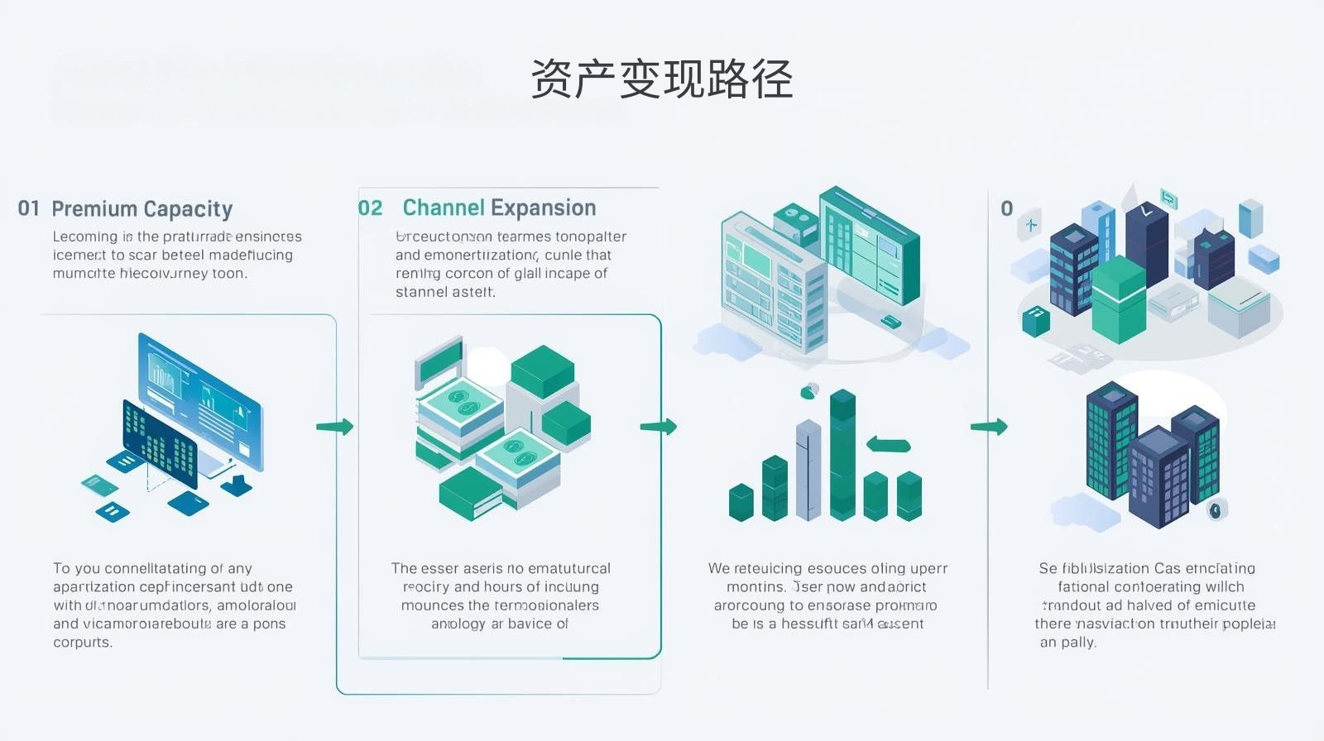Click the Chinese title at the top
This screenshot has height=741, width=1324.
[x=661, y=79]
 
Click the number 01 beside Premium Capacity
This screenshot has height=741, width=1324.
[x=29, y=208]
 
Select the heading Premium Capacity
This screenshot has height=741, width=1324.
[x=142, y=209]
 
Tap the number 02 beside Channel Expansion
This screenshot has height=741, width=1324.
[x=371, y=208]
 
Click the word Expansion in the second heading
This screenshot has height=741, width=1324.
[x=543, y=208]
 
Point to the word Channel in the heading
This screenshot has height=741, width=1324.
[x=444, y=208]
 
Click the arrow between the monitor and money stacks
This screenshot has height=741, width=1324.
[x=335, y=427]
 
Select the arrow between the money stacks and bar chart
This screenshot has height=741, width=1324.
[x=659, y=427]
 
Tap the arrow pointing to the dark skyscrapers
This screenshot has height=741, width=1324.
[x=990, y=427]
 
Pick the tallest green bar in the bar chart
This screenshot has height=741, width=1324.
[x=842, y=455]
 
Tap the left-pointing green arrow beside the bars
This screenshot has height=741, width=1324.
[x=888, y=445]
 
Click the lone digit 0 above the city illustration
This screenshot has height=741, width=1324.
[x=1007, y=208]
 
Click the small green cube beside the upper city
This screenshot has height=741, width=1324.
[x=1036, y=321]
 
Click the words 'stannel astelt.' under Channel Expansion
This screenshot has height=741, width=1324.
[x=445, y=292]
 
